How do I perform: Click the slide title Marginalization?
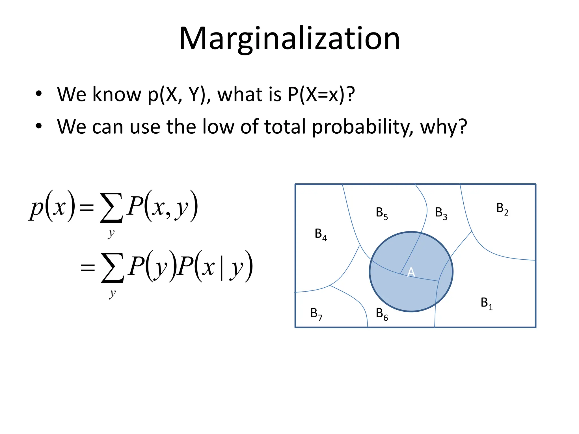pyautogui.click(x=289, y=39)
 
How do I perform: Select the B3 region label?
pyautogui.click(x=441, y=213)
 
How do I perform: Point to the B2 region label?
pyautogui.click(x=502, y=209)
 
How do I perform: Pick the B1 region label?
pyautogui.click(x=486, y=303)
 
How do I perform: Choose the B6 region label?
pyautogui.click(x=382, y=314)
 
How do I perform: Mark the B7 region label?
pyautogui.click(x=316, y=314)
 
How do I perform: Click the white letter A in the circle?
pyautogui.click(x=411, y=272)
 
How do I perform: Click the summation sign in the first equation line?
pyautogui.click(x=111, y=208)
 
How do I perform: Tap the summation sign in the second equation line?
pyautogui.click(x=113, y=268)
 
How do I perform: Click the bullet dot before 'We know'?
pyautogui.click(x=39, y=94)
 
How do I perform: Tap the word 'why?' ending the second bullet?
pyautogui.click(x=443, y=127)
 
